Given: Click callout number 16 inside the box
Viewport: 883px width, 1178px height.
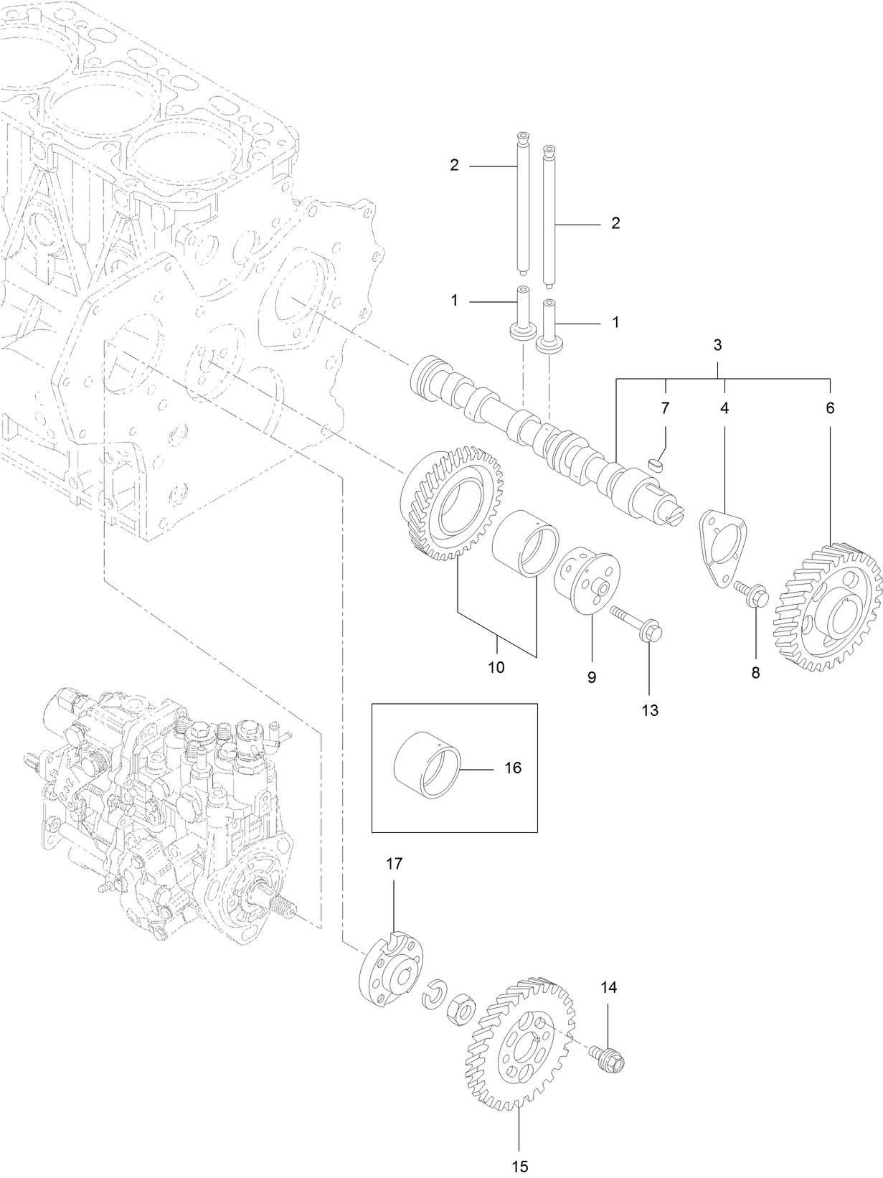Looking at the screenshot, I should point(512,768).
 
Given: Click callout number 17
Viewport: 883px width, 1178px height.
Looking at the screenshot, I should point(395,864).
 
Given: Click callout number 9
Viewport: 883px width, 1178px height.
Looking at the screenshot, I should point(591,677).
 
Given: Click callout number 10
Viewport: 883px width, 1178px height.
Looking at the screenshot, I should point(496,667).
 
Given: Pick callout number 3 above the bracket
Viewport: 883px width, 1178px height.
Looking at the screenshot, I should point(718,345).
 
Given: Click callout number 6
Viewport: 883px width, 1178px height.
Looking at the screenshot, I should point(830,408).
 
